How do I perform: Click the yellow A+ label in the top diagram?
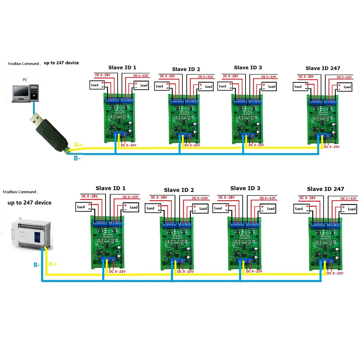[78, 145]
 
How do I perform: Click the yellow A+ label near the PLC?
[53, 264]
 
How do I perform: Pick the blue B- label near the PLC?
[37, 265]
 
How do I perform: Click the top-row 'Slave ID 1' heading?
[122, 67]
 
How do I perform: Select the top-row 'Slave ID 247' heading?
[323, 68]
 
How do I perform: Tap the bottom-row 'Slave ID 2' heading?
[179, 190]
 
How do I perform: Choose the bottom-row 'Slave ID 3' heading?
[245, 188]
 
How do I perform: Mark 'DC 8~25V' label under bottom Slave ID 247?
[335, 274]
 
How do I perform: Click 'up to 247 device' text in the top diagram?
[61, 63]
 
